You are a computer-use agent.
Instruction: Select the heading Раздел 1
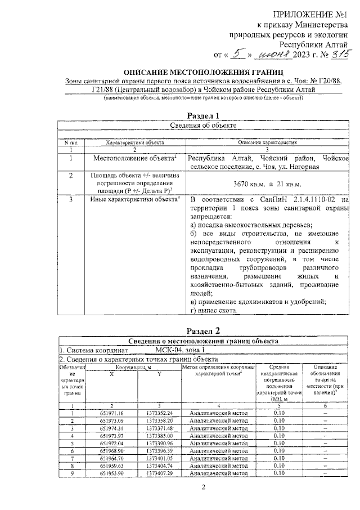tap(202, 116)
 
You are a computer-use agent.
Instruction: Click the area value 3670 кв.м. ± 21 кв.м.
tap(267, 184)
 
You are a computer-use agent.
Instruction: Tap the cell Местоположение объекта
tap(135, 159)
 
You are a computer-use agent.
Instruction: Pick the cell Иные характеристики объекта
tap(135, 200)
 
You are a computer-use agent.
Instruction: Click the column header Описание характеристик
tap(267, 143)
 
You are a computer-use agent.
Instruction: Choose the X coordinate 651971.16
tap(112, 413)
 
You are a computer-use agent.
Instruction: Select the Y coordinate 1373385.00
tap(159, 435)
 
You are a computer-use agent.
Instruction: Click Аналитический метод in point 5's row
tap(219, 442)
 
